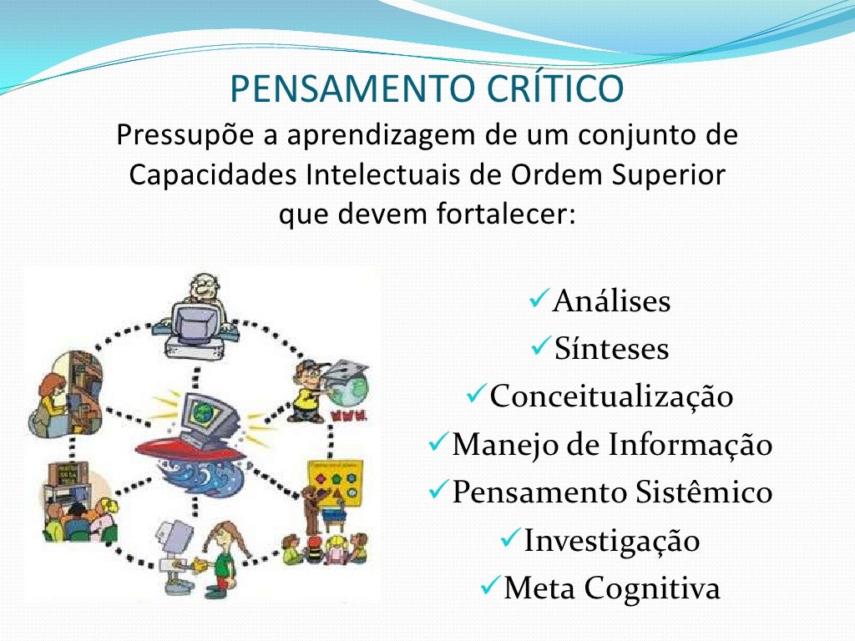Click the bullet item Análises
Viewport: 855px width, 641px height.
point(611,300)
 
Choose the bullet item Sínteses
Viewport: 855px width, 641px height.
point(611,349)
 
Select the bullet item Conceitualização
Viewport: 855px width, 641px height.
point(611,396)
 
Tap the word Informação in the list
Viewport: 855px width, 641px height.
point(690,445)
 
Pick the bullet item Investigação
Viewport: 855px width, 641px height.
point(611,541)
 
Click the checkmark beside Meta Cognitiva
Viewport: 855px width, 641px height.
point(491,587)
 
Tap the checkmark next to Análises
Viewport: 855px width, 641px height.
point(539,298)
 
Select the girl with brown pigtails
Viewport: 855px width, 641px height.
point(224,555)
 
